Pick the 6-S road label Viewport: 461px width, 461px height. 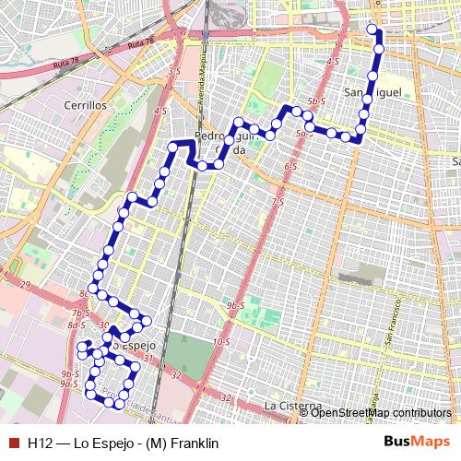pyautogui.click(x=290, y=167)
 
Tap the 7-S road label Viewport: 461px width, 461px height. pyautogui.click(x=276, y=201)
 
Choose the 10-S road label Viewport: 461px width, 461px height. pyautogui.click(x=220, y=342)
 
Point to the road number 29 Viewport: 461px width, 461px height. pyautogui.click(x=25, y=284)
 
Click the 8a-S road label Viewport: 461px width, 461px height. pyautogui.click(x=77, y=325)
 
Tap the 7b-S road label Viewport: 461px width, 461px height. pyautogui.click(x=80, y=313)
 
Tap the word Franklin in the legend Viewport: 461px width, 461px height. pyautogui.click(x=183, y=443)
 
